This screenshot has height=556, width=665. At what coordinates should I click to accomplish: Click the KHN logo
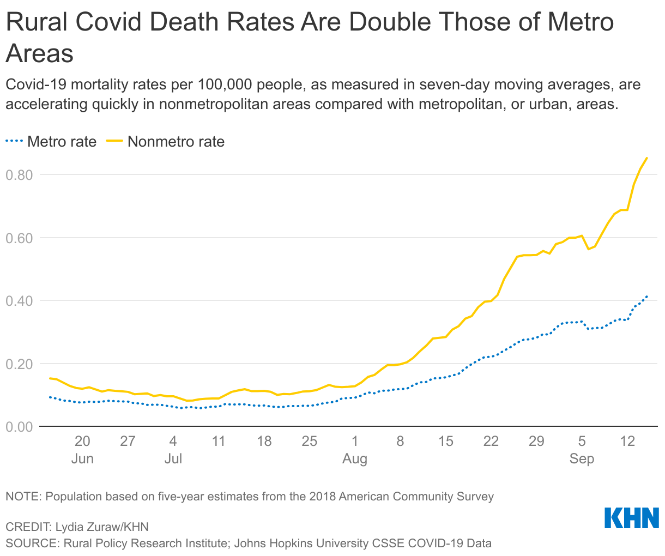pos(632,518)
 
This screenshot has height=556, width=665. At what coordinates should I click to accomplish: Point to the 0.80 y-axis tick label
pos(19,175)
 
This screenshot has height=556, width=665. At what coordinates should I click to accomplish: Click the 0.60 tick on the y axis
pos(19,238)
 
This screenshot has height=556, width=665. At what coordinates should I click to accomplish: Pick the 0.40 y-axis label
pos(19,301)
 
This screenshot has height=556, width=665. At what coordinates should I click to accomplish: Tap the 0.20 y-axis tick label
pos(19,364)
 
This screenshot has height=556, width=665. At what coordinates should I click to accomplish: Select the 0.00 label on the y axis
pos(19,426)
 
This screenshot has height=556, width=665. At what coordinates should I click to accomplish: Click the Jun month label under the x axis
pos(82,458)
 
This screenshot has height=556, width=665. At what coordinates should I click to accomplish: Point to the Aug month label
pos(355,458)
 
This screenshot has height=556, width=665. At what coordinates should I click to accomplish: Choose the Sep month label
pos(582,458)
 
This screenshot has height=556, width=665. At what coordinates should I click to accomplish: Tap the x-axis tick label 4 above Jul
pos(173,441)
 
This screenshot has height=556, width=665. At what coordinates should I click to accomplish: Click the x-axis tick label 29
pos(536,441)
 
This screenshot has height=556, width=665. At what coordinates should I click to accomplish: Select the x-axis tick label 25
pos(309,441)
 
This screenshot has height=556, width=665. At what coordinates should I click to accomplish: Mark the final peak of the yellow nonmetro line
pos(646,158)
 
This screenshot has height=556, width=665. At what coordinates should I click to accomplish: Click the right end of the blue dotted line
pos(646,297)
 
